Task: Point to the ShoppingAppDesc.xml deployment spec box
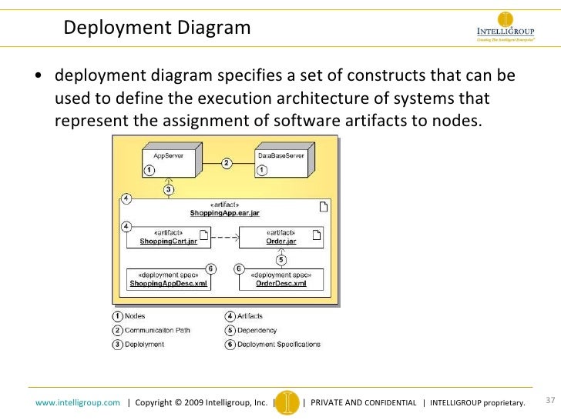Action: (x=168, y=279)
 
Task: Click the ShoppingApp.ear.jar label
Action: (x=225, y=212)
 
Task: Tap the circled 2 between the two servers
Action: (x=227, y=163)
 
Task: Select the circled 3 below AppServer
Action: (x=169, y=189)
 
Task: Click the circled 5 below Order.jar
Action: (x=281, y=259)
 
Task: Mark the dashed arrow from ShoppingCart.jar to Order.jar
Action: (x=223, y=238)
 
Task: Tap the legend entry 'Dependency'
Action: (x=251, y=330)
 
